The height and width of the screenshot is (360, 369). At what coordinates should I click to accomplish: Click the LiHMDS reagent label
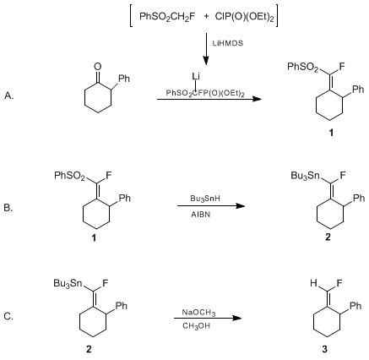[x=228, y=43]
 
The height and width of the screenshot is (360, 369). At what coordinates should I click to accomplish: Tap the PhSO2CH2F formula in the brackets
[x=167, y=16]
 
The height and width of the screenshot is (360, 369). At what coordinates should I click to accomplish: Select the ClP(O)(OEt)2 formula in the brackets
[x=244, y=17]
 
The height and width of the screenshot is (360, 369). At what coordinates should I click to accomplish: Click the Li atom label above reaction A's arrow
[x=196, y=76]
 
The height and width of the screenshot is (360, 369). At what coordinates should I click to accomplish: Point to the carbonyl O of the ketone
[x=98, y=67]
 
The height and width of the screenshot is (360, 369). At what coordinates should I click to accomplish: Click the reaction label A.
[x=9, y=95]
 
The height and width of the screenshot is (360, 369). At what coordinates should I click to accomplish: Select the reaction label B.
[x=8, y=208]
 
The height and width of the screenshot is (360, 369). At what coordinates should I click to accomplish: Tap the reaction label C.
[x=8, y=317]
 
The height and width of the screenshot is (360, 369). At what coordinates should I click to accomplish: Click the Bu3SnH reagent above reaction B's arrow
[x=205, y=199]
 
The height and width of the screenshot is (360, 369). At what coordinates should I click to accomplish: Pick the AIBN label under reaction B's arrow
[x=200, y=215]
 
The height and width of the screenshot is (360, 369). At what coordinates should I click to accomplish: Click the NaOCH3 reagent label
[x=198, y=313]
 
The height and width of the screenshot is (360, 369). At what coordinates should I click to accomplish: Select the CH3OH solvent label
[x=196, y=326]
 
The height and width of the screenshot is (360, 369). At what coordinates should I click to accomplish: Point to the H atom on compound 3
[x=313, y=283]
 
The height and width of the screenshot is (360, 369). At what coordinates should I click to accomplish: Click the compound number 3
[x=325, y=350]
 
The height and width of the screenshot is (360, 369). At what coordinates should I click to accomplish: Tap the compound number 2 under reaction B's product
[x=328, y=237]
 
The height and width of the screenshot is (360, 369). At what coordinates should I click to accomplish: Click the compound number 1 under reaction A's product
[x=331, y=133]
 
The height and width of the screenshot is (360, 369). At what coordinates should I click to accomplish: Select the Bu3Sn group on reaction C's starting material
[x=68, y=283]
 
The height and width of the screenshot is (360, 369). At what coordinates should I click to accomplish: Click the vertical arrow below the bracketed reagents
[x=206, y=49]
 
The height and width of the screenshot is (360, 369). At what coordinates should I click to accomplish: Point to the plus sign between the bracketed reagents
[x=207, y=16]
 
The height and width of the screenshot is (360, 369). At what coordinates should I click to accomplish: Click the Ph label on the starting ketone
[x=124, y=79]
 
